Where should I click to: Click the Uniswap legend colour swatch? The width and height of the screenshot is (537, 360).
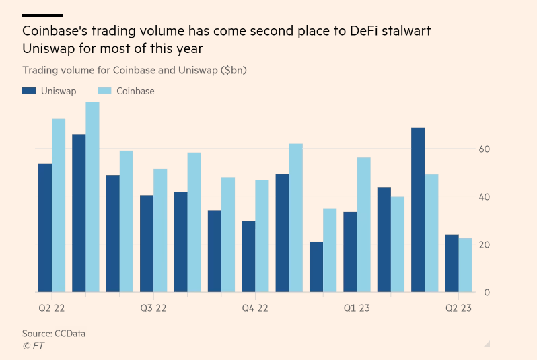point(29,91)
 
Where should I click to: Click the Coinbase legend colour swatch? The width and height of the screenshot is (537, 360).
point(104,91)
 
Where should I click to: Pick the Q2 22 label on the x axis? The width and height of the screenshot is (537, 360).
point(52,308)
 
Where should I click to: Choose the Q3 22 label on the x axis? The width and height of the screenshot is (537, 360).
point(153,308)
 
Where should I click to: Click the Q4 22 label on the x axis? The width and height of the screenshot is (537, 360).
point(254,308)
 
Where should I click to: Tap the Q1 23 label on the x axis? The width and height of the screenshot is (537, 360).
point(357,308)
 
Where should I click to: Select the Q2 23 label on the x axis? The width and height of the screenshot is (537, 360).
point(458,308)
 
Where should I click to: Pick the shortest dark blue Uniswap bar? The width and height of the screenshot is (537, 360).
point(316,266)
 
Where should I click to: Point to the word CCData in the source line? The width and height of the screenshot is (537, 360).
point(69,334)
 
